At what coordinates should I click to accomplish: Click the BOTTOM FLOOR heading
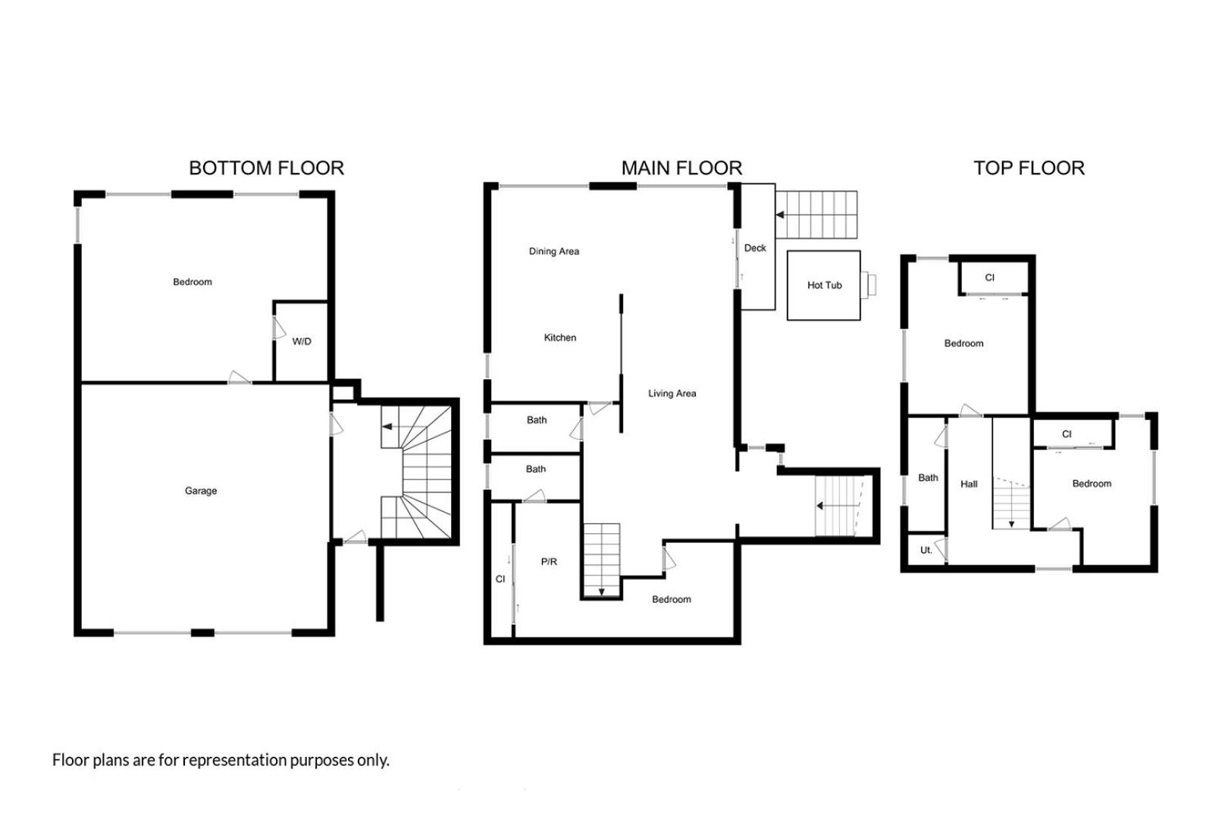266,168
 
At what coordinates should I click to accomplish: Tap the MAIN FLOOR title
681,168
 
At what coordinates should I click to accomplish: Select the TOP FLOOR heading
1029,168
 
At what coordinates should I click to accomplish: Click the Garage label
201,491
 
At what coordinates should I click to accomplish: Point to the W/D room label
302,341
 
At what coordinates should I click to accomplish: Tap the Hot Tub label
824,285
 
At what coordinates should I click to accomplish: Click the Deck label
755,248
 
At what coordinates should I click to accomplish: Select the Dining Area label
553,251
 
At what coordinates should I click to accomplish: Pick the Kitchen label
559,337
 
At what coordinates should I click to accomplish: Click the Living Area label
672,394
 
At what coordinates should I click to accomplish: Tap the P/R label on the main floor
549,562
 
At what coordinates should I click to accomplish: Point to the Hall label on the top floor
969,484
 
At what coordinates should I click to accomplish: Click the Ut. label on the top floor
926,550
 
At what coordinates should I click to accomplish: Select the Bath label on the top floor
928,478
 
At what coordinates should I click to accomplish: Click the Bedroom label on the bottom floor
193,282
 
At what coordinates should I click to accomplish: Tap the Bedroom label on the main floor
671,599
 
